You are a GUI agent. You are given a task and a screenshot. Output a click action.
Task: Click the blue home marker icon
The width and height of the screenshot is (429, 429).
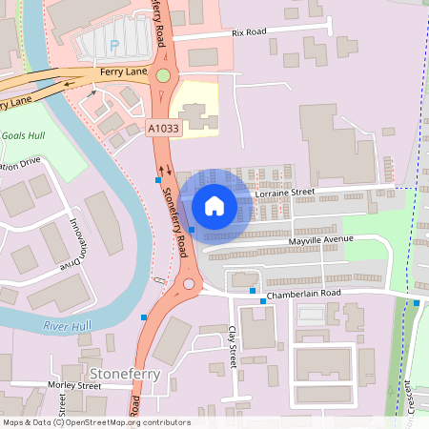click(214, 206)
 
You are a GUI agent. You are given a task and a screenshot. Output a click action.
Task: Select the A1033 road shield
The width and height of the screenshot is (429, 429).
click(163, 127)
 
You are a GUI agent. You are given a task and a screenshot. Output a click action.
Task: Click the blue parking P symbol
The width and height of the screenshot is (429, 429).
click(116, 44)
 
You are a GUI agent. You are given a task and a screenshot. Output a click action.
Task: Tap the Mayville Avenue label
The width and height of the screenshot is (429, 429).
click(321, 239)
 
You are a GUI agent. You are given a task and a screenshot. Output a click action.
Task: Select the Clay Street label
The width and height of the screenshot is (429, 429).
click(232, 348)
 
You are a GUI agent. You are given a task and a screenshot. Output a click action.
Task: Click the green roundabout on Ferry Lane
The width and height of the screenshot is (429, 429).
click(163, 75)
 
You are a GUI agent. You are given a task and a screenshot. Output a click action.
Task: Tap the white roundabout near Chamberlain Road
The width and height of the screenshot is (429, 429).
click(189, 283)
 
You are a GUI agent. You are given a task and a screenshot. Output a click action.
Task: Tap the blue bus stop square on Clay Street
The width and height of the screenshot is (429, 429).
click(253, 290)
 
